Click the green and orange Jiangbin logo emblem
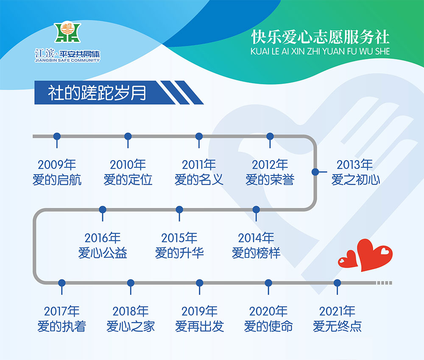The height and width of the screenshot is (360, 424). [x=67, y=33]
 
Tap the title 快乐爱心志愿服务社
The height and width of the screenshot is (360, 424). [x=321, y=37]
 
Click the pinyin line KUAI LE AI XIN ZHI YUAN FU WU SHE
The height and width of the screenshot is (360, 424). [x=320, y=51]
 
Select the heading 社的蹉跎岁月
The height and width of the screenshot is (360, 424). [x=97, y=93]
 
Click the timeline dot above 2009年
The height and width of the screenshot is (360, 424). [x=57, y=136]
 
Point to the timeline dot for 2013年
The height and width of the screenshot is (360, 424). [x=315, y=172]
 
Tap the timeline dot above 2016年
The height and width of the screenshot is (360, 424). [x=103, y=210]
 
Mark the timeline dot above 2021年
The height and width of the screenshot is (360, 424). [x=337, y=283]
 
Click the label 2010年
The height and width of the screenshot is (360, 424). [x=128, y=164]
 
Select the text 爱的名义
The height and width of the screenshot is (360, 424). [x=199, y=180]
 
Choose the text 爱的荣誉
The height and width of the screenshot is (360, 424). [x=270, y=180]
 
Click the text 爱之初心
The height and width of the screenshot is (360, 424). [x=356, y=180]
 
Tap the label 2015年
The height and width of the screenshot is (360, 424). [x=179, y=238]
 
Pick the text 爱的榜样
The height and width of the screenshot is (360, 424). [x=256, y=253]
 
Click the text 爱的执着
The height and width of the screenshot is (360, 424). [x=61, y=326]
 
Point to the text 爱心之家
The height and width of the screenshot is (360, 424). [x=131, y=326]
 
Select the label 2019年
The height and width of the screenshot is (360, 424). [x=200, y=311]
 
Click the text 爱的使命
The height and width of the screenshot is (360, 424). [x=268, y=326]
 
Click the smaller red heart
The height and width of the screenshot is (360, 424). [x=348, y=260]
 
